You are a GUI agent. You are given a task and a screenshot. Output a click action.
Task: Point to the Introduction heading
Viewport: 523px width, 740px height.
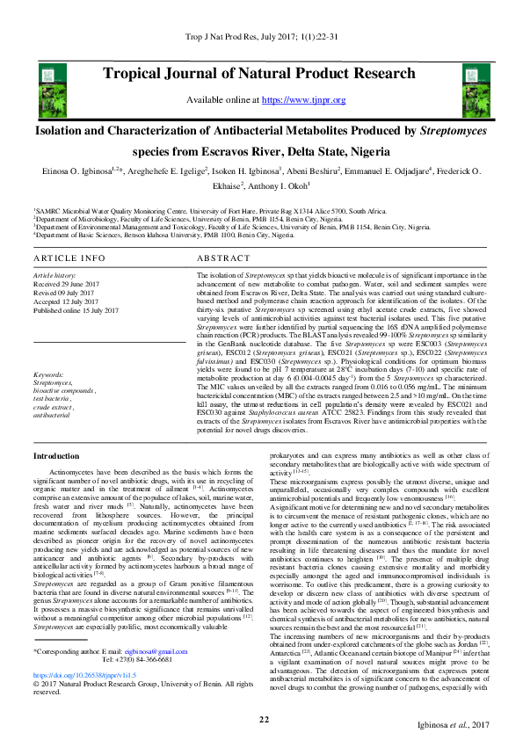56,456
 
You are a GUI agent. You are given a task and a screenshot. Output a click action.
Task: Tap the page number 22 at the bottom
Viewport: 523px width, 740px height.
263,720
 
